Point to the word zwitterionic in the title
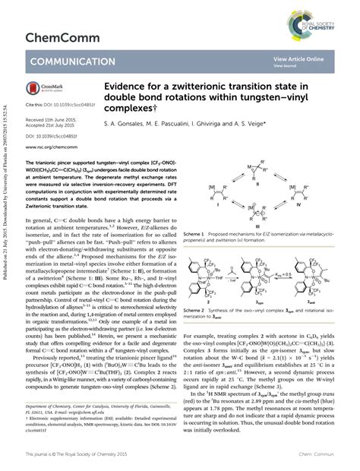(x=235, y=88)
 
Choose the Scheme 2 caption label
(x=197, y=310)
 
